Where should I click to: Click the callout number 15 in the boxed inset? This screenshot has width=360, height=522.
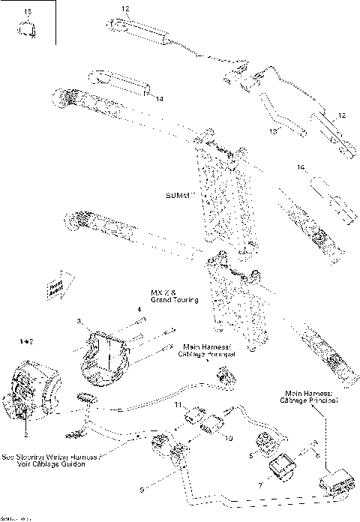28,12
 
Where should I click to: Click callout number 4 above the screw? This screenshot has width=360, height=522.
138,309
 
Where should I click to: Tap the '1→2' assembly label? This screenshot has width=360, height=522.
27,341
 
